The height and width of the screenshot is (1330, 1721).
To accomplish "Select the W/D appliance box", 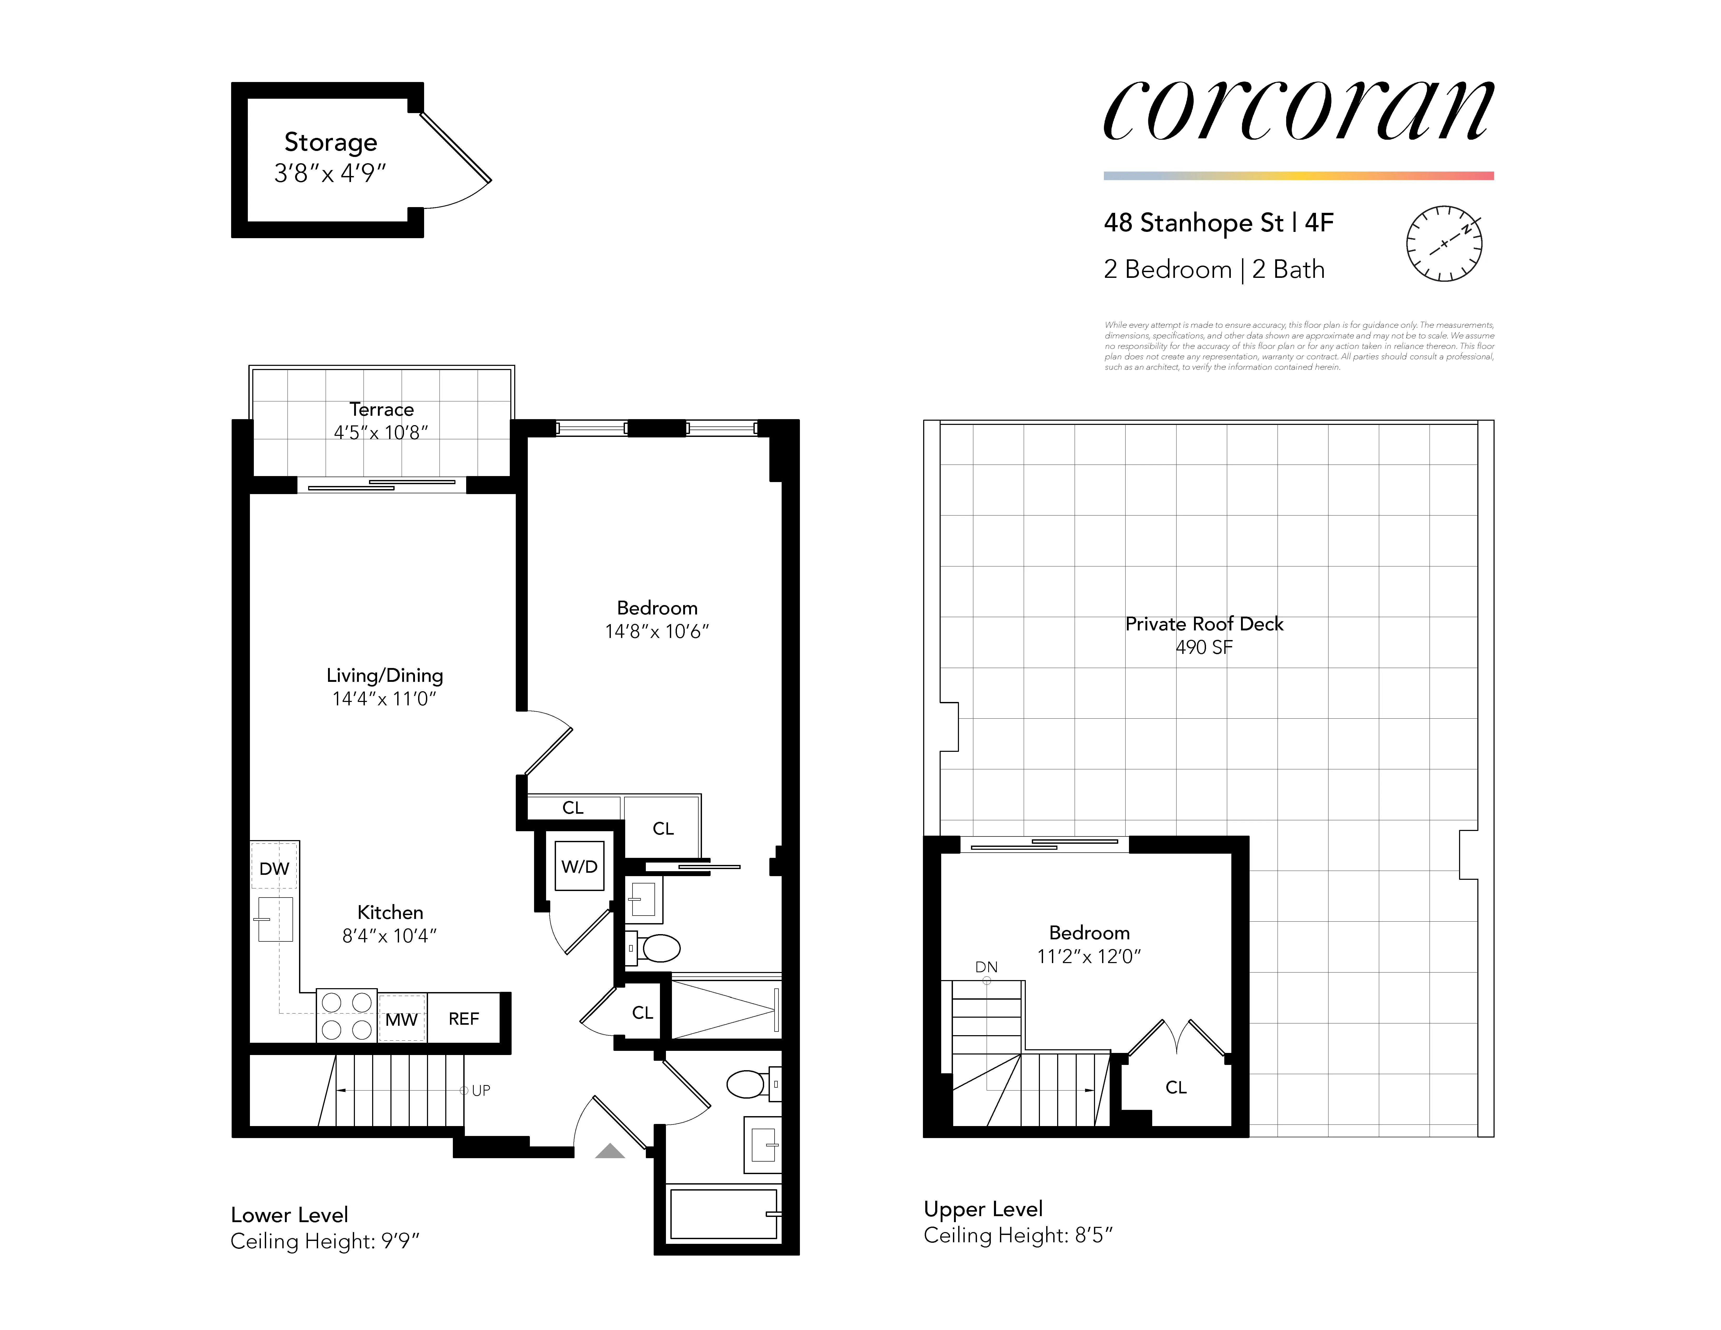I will [x=579, y=866].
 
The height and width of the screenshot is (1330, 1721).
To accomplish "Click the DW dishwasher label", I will [x=274, y=868].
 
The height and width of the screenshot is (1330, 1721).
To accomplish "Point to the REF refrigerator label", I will [x=463, y=1019].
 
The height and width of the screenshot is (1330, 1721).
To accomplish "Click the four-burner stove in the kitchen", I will [x=347, y=1016].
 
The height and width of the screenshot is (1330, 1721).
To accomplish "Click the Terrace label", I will [x=381, y=410].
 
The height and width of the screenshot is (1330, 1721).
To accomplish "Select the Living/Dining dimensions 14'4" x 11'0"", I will [x=384, y=698].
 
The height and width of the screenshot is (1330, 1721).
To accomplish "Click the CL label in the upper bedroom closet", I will [x=1176, y=1087].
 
